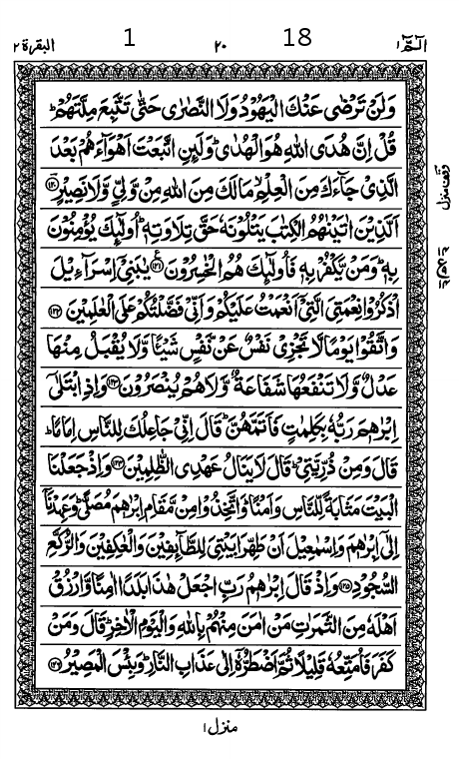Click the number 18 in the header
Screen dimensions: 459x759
pos(297,38)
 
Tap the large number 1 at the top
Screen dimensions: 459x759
pos(129,39)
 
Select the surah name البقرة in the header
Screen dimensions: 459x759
pos(41,44)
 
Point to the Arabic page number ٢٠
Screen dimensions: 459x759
pos(221,44)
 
